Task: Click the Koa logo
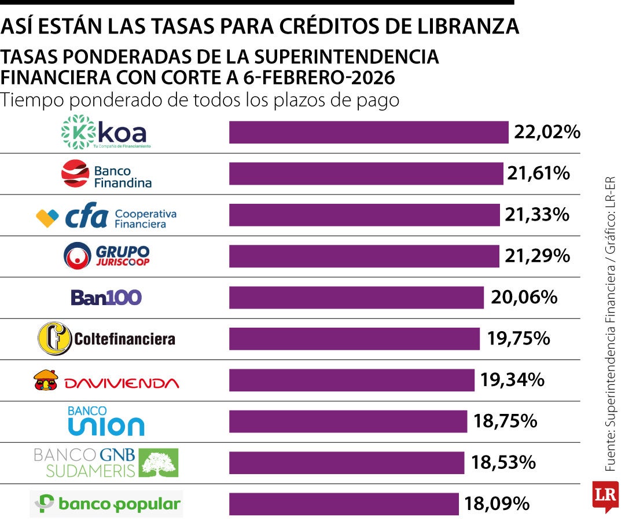point(106,131)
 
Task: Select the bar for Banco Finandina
point(366,174)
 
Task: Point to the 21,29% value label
point(537,255)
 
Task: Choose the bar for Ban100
point(356,298)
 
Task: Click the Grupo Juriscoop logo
point(106,255)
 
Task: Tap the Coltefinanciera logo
point(106,339)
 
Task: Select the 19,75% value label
point(518,339)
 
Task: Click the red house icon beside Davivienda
point(46,380)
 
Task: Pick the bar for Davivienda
point(351,380)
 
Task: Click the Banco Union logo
point(106,421)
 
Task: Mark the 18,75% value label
point(505,421)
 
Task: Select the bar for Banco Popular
point(344,504)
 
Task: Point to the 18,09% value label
point(497,504)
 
